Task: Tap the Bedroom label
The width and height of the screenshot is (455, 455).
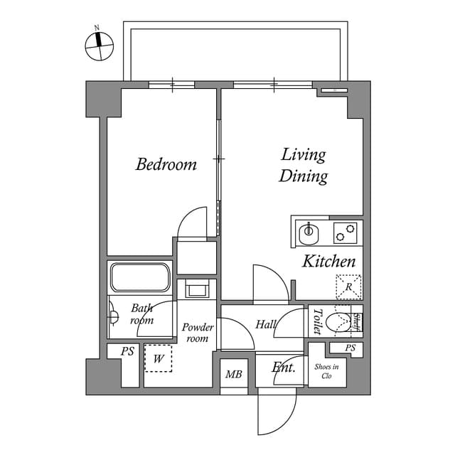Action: [x=166, y=165]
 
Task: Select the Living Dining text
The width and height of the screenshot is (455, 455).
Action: [x=303, y=165]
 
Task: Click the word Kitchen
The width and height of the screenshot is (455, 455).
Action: [x=328, y=262]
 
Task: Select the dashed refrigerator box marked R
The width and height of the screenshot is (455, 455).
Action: [x=348, y=287]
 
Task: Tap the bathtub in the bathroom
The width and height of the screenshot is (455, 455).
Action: [x=140, y=277]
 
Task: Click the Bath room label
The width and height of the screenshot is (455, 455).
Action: [x=141, y=314]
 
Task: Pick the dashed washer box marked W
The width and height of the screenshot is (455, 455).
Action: [x=158, y=358]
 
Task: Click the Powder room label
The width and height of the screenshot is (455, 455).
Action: [x=197, y=333]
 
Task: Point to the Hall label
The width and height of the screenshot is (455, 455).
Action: [x=266, y=325]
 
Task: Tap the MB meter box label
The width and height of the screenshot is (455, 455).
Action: [x=233, y=375]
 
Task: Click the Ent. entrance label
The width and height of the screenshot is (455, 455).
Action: [x=284, y=368]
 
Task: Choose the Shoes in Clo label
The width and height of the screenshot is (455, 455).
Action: [x=327, y=371]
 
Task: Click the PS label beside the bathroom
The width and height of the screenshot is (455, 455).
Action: [x=127, y=351]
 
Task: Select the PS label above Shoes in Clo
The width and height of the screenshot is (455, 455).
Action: [x=350, y=348]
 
